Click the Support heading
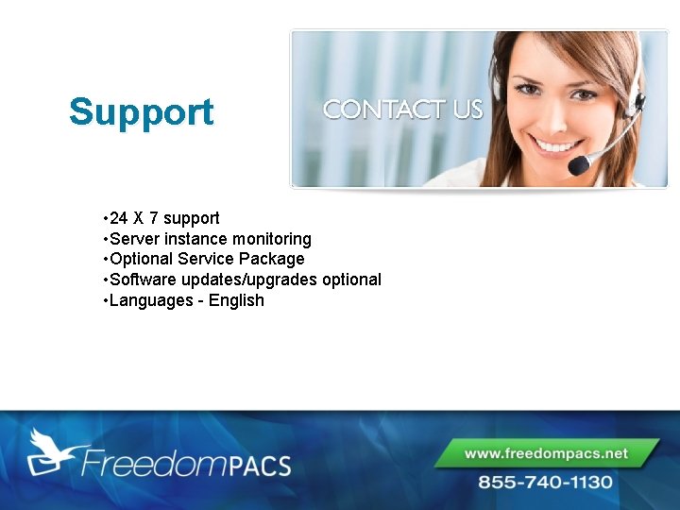point(142,112)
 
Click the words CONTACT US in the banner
point(403,110)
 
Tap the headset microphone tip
point(578,165)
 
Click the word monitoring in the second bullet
point(272,239)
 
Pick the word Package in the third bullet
point(271,259)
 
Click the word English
point(236,300)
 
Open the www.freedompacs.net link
point(546,453)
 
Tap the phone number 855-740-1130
point(546,482)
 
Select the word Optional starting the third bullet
point(142,259)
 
